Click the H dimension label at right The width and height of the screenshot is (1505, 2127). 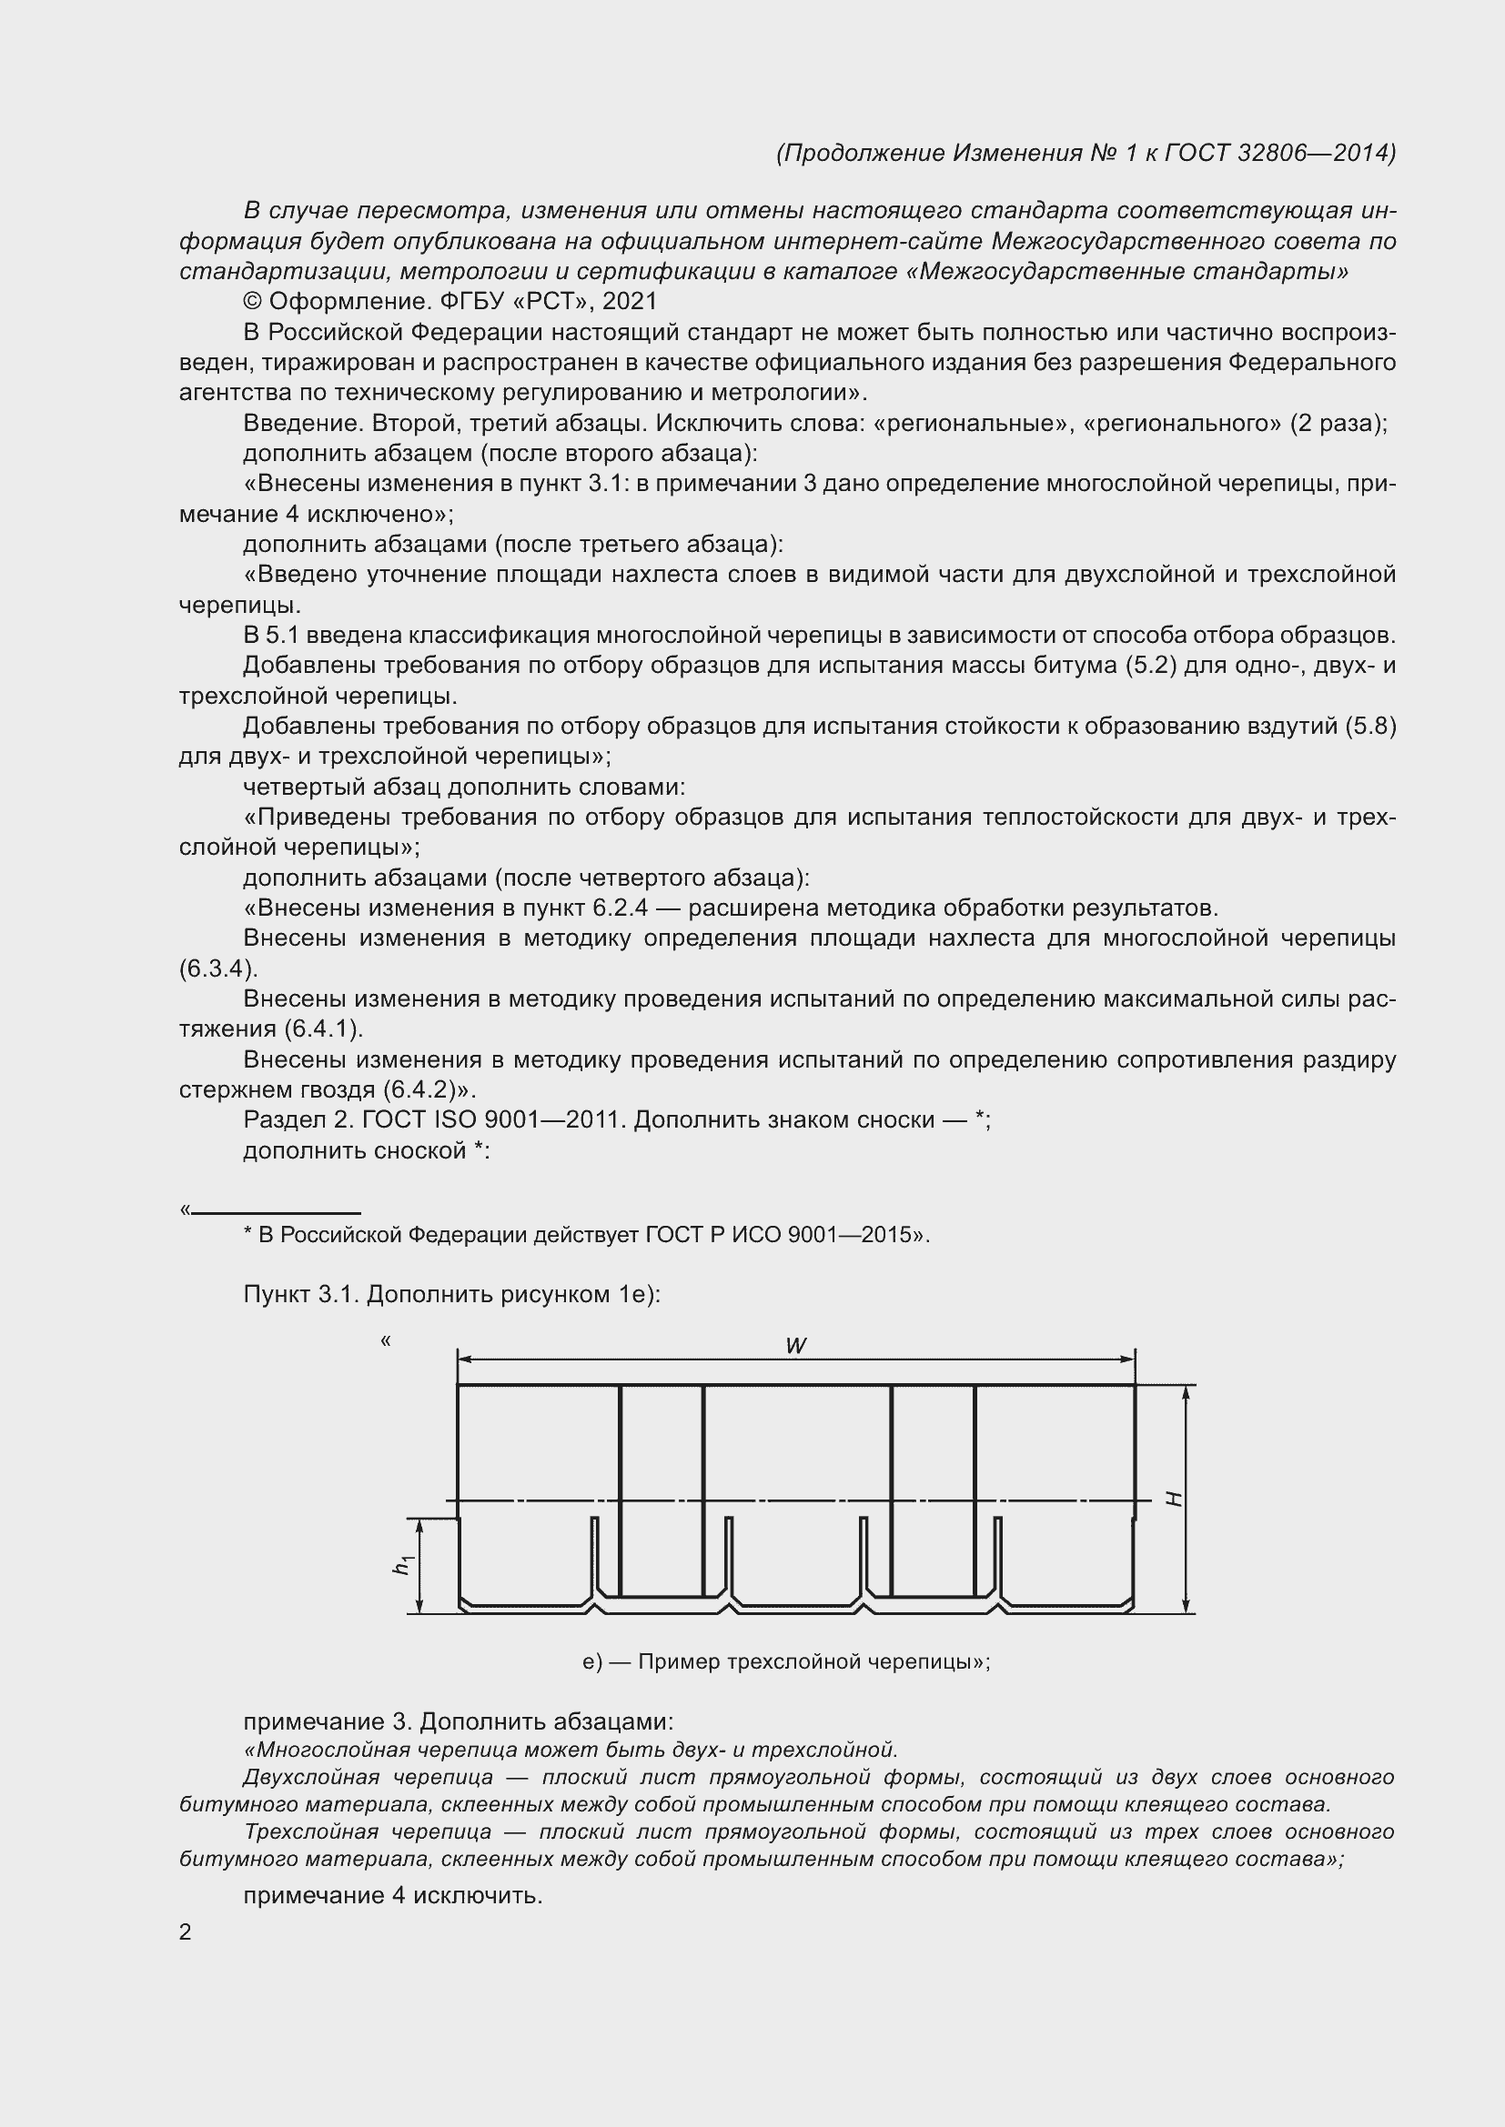pos(1174,1499)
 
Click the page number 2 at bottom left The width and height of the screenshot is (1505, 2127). pos(186,1931)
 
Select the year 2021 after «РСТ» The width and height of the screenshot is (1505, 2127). pos(630,301)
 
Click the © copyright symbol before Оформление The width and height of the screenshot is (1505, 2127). pos(252,301)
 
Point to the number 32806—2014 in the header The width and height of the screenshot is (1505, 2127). pos(1316,153)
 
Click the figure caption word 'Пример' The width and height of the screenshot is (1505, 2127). pos(678,1662)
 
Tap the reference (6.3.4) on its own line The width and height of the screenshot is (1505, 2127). pos(217,969)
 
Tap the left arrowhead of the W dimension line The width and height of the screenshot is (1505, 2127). pos(464,1359)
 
